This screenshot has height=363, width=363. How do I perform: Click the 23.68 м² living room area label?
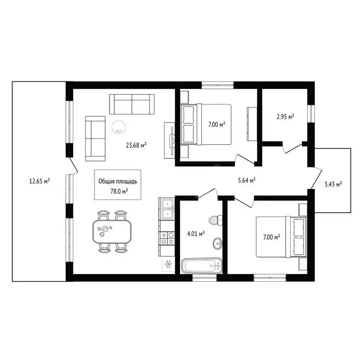(x=136, y=146)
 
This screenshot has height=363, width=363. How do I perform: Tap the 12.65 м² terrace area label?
(x=39, y=181)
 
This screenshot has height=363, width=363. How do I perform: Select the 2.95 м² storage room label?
(x=285, y=116)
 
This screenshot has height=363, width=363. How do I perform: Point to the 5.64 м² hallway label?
(x=247, y=181)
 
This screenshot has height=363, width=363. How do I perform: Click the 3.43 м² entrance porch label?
(x=333, y=184)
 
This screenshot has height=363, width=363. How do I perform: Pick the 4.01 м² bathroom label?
(x=196, y=233)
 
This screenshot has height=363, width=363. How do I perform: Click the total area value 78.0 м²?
(x=119, y=191)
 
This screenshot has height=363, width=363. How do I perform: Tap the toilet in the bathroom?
(x=216, y=220)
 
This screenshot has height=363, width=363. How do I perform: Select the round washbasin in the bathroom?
(x=217, y=243)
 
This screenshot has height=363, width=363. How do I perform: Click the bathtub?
(x=202, y=266)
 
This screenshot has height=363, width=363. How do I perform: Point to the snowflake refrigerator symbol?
(x=168, y=264)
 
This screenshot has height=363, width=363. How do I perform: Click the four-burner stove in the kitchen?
(x=167, y=238)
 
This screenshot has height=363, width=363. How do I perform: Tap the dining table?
(x=112, y=232)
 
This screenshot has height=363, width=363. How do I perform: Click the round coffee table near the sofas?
(x=119, y=127)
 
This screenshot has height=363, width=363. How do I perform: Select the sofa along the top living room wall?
(x=132, y=104)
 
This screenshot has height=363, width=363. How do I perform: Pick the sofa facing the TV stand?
(x=95, y=138)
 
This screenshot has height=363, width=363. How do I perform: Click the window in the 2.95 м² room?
(x=311, y=113)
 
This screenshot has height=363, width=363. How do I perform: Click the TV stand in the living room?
(x=170, y=140)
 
